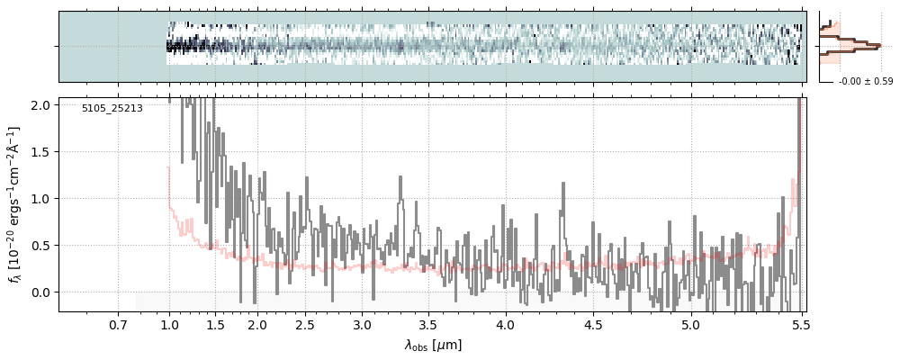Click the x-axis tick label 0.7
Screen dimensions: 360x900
tap(118, 325)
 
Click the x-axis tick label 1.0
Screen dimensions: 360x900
tap(169, 325)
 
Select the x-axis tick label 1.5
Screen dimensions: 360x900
tap(216, 325)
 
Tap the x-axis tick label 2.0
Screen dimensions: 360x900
tap(257, 325)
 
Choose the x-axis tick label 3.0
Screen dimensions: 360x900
tap(362, 325)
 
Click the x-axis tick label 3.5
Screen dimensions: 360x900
tap(427, 325)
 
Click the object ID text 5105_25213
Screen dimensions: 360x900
tap(112, 109)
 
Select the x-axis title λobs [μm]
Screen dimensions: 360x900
tap(433, 345)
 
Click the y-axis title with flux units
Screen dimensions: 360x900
tap(15, 205)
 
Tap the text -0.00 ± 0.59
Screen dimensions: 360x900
tap(859, 82)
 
